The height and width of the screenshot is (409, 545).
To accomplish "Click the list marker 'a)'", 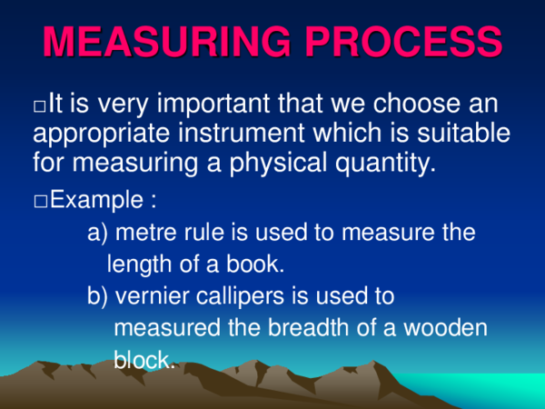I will coord(97,234).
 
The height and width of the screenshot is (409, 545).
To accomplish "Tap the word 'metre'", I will coord(149,234).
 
